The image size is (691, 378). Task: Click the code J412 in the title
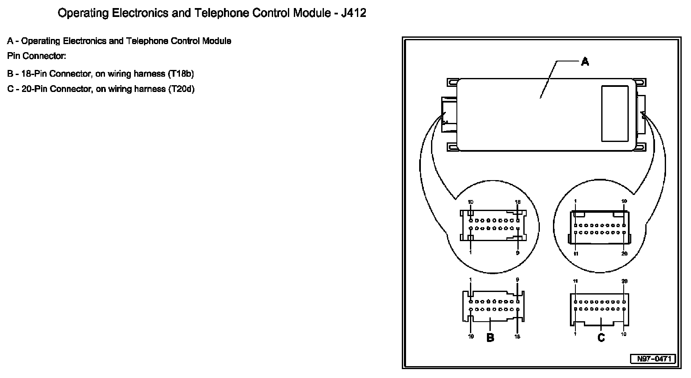coord(353,13)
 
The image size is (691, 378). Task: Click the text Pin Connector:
coord(37,56)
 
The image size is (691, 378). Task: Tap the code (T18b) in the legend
coord(181,74)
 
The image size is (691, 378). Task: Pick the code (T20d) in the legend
coord(181,89)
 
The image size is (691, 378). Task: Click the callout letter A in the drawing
coord(585,62)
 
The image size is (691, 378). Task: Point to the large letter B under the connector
coord(490,338)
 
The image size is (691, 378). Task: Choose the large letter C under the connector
coord(601,338)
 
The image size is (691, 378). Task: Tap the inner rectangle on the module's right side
coord(615,113)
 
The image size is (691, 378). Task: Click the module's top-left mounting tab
coord(452,82)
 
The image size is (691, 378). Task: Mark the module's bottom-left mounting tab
coord(452,147)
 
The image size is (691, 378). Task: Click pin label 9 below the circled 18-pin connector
coord(517,253)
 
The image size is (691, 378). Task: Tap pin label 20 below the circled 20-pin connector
coord(624,254)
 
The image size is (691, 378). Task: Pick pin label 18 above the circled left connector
coord(517,202)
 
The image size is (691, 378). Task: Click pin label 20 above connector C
coord(624,281)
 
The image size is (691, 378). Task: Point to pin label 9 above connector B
coord(517,280)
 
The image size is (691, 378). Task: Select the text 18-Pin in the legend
coord(34,74)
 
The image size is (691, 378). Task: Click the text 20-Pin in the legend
coord(34,89)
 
